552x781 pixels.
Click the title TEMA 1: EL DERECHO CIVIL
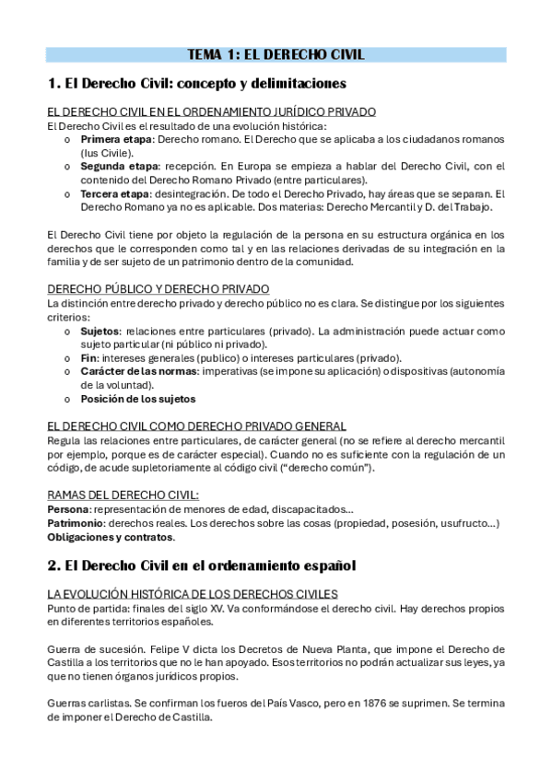coord(276,54)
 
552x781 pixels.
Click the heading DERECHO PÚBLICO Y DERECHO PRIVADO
coord(158,289)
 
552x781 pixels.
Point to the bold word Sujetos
coord(100,330)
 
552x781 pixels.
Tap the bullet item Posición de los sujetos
coord(138,399)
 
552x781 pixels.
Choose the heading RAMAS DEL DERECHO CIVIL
coord(123,495)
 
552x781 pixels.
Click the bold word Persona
coord(68,508)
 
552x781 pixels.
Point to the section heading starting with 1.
coord(195,84)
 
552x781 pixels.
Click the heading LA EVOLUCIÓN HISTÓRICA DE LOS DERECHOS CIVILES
coord(192,593)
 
